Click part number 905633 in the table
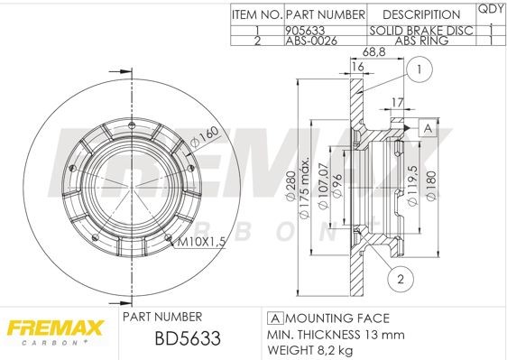(x=305, y=31)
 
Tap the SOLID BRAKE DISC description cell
(x=421, y=31)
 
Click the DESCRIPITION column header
(x=421, y=14)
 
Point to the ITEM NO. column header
(x=257, y=14)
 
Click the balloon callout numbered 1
(x=419, y=69)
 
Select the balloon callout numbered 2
(x=401, y=279)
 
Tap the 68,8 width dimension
(x=373, y=51)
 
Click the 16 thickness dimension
(x=357, y=66)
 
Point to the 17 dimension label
(x=397, y=102)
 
